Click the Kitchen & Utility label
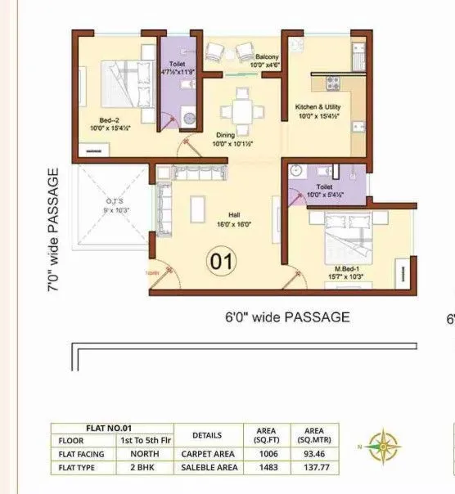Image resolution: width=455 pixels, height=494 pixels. [x=318, y=107]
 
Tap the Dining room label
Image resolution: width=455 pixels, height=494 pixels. [x=226, y=135]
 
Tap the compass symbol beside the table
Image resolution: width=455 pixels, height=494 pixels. [x=381, y=446]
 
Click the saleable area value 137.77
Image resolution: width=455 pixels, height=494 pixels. [x=316, y=467]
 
